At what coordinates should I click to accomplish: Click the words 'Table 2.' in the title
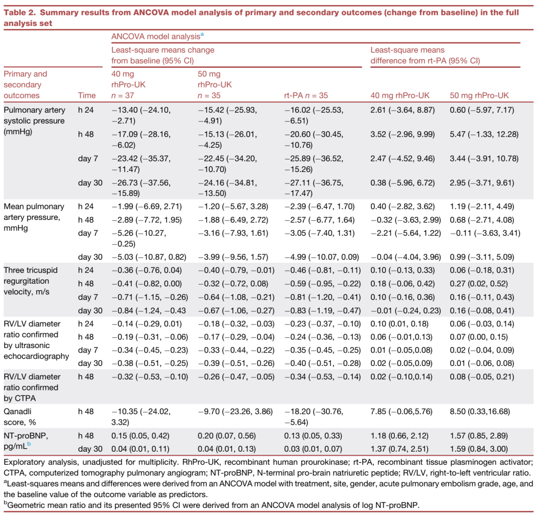click(x=20, y=12)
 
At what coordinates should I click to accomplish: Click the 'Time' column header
click(x=87, y=95)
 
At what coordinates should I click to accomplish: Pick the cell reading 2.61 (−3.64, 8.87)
click(x=403, y=109)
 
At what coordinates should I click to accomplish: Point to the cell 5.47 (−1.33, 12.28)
click(x=482, y=134)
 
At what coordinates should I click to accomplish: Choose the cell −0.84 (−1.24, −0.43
click(x=149, y=311)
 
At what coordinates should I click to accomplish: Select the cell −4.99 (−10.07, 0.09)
click(x=322, y=257)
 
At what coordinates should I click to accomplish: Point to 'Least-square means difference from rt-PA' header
click(x=425, y=55)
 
